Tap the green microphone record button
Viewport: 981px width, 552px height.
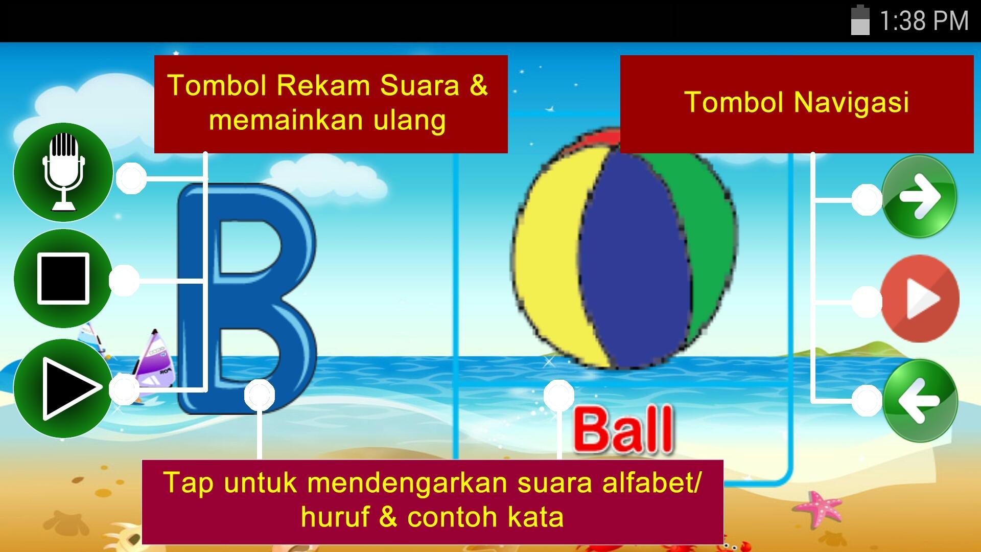coord(63,172)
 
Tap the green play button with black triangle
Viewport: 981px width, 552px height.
coord(63,388)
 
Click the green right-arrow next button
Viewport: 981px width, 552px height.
coord(919,196)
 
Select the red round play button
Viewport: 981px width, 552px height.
coord(920,298)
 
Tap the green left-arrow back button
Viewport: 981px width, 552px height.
coord(919,400)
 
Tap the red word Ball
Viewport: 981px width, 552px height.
coord(623,429)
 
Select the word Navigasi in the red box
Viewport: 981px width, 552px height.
coord(851,102)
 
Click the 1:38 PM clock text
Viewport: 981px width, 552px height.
coord(924,21)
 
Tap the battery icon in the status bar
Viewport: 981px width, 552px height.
coord(860,20)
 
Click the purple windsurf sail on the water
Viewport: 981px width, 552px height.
coord(154,358)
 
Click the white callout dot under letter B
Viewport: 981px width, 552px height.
coord(260,395)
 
